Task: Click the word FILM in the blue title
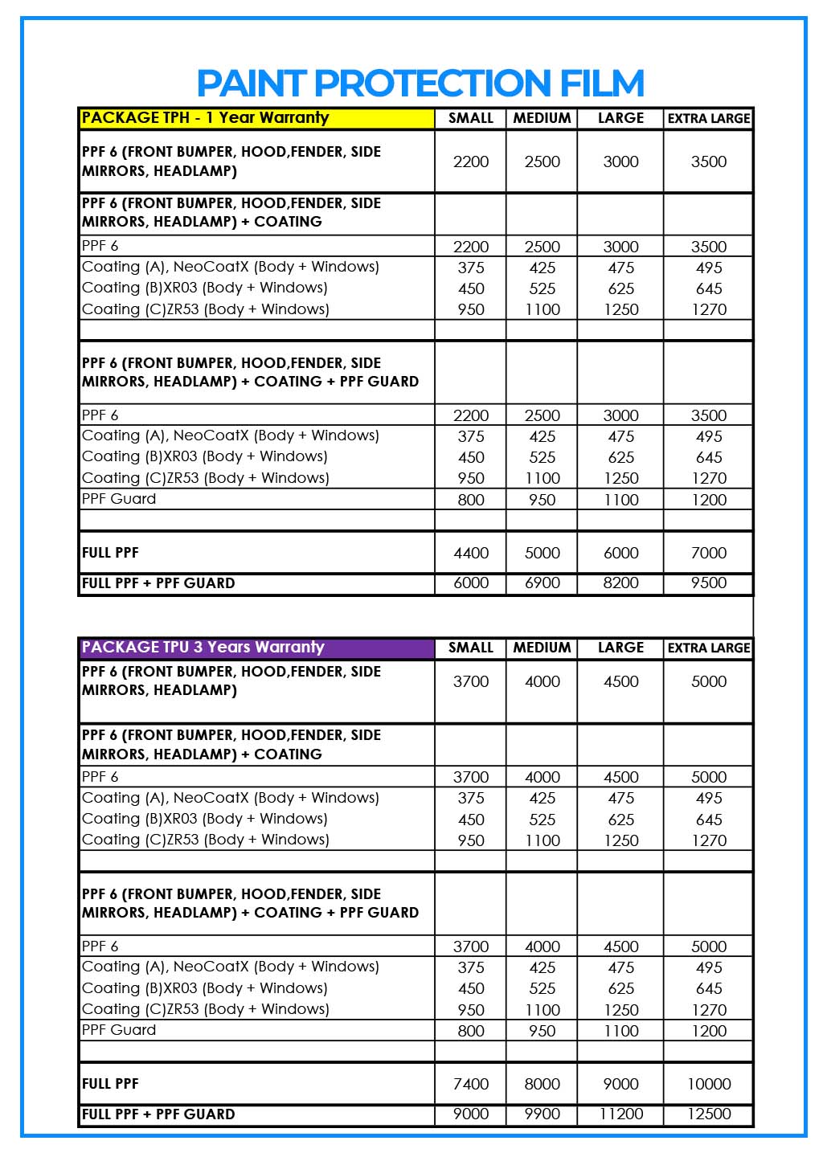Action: coord(602,84)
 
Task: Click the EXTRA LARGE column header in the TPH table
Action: coord(708,118)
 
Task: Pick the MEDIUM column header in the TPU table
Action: coord(542,648)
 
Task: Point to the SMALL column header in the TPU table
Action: coord(471,648)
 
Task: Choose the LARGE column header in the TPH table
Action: coord(620,118)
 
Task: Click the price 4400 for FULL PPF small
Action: coord(471,553)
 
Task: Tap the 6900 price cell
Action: coord(542,583)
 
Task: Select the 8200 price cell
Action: coord(620,583)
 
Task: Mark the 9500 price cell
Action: coord(708,583)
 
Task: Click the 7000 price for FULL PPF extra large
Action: coord(708,553)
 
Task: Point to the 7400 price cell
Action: coord(471,1084)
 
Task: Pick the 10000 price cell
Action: coord(708,1084)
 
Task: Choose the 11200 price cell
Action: coord(620,1114)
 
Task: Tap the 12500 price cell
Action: coord(708,1114)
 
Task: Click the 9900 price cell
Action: coord(542,1114)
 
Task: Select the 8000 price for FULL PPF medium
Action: coord(542,1084)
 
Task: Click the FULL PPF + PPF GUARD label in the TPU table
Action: coord(158,1114)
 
